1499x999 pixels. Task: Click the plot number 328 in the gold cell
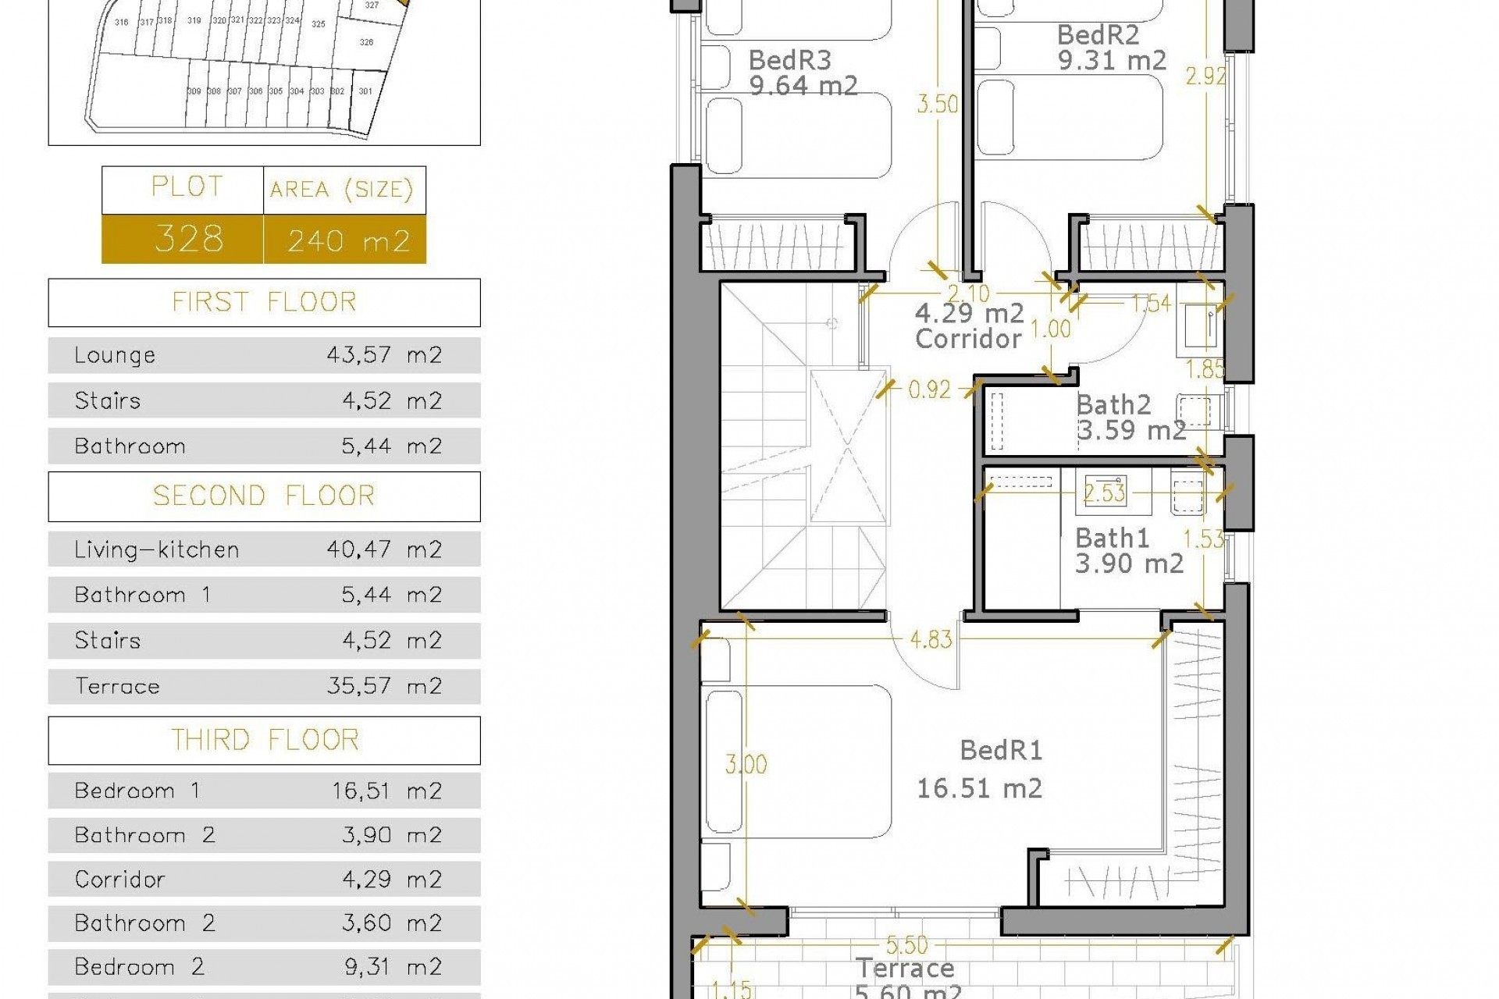pyautogui.click(x=189, y=239)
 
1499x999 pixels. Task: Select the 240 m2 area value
pyautogui.click(x=348, y=240)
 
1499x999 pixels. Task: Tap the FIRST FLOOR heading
pyautogui.click(x=264, y=302)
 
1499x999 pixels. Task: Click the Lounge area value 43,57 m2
pyautogui.click(x=384, y=355)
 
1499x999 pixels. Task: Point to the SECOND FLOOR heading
pyautogui.click(x=264, y=496)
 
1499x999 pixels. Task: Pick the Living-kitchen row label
pyautogui.click(x=156, y=550)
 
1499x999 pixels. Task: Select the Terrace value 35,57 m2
pyautogui.click(x=384, y=686)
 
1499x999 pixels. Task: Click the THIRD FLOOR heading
pyautogui.click(x=264, y=740)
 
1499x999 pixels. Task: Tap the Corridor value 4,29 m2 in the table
pyautogui.click(x=391, y=880)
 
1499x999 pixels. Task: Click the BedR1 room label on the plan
pyautogui.click(x=1001, y=751)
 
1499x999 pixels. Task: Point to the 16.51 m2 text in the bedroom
pyautogui.click(x=979, y=788)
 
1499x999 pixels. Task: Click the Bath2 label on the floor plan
pyautogui.click(x=1113, y=405)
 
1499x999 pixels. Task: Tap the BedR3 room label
pyautogui.click(x=789, y=60)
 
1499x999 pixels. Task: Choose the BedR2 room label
pyautogui.click(x=1098, y=35)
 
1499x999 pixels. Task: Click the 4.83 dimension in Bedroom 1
pyautogui.click(x=931, y=640)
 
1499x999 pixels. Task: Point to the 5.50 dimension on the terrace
pyautogui.click(x=906, y=946)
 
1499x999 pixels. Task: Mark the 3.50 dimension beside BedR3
pyautogui.click(x=937, y=104)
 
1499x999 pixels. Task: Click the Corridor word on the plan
pyautogui.click(x=968, y=339)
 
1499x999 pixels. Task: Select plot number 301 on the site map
pyautogui.click(x=365, y=91)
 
